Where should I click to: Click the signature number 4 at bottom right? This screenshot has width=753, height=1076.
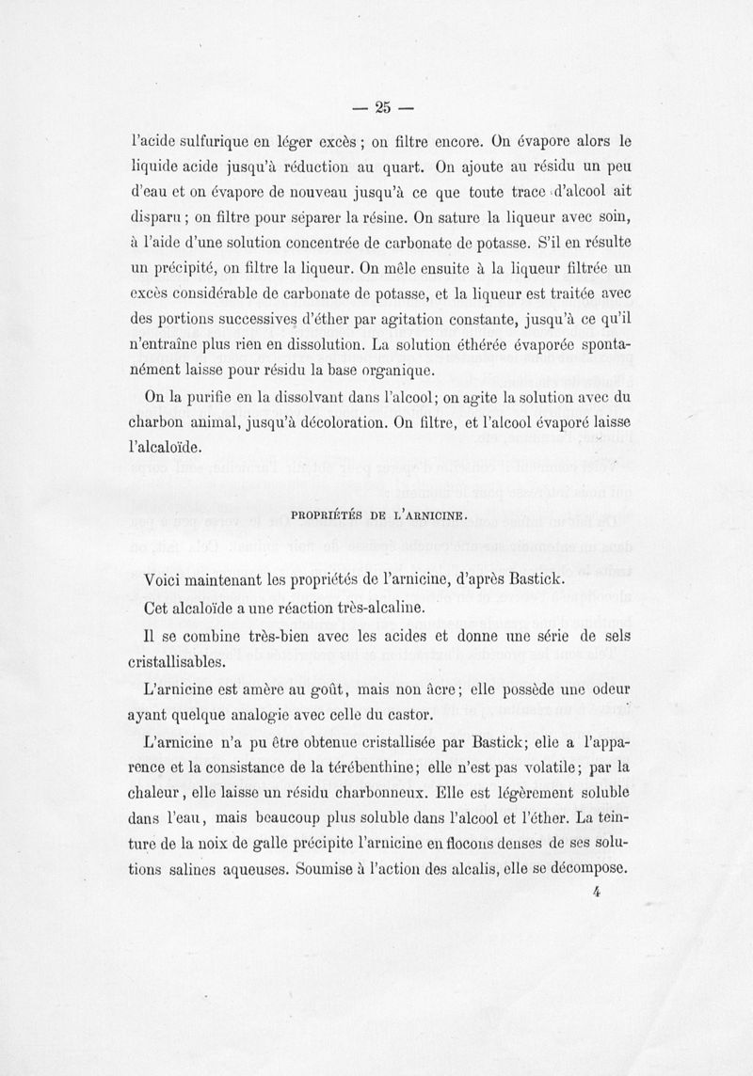[x=597, y=893]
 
